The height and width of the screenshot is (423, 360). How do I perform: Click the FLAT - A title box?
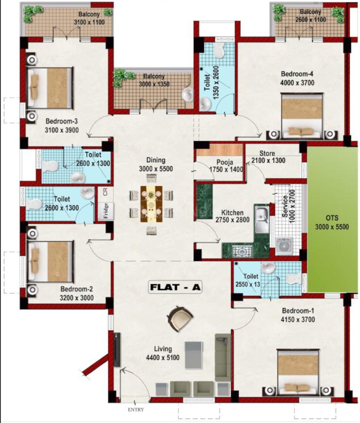tap(174, 287)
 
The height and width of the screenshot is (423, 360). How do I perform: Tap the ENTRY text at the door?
tap(136, 410)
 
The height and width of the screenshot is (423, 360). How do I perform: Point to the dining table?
tap(152, 203)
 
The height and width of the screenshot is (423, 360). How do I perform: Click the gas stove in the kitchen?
tap(241, 251)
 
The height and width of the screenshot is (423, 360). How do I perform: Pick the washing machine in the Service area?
tap(283, 245)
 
